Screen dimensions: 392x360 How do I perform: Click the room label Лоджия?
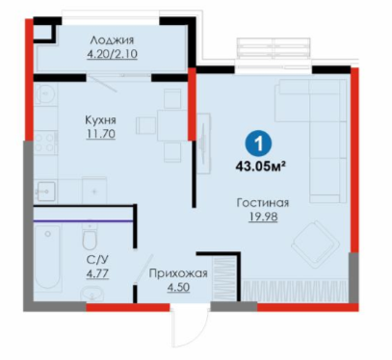(112, 41)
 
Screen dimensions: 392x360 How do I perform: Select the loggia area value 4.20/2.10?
(112, 54)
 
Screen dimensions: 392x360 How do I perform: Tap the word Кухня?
(100, 120)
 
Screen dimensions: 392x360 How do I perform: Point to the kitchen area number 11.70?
(101, 133)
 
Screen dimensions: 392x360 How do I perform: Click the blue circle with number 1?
(258, 144)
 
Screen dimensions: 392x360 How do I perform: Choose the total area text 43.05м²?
(261, 167)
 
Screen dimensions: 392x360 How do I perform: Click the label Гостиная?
(263, 203)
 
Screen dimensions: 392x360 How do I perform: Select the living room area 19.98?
(263, 217)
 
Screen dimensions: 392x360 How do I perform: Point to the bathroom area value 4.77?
(97, 273)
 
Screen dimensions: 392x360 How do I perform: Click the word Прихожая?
(178, 273)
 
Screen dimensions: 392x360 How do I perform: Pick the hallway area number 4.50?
(178, 287)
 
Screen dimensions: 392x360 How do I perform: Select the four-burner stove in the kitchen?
(44, 142)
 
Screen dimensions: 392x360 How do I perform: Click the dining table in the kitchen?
(171, 125)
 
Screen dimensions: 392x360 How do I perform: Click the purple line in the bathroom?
(83, 221)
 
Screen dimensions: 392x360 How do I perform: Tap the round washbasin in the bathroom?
(93, 293)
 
